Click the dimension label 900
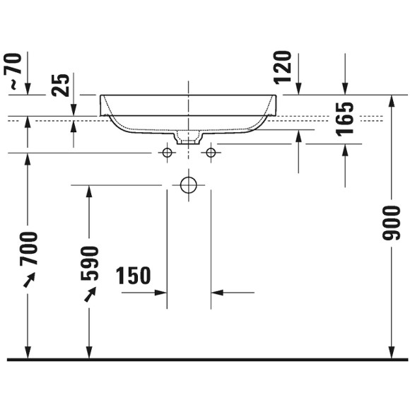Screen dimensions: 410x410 392,223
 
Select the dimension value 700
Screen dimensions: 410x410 29,248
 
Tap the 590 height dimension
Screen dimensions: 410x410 89,263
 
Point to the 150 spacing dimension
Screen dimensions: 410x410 133,276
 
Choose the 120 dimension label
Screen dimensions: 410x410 283,66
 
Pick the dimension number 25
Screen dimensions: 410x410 62,85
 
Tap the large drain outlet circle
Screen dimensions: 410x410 188,185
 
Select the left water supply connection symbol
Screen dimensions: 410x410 167,153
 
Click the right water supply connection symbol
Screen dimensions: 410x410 210,153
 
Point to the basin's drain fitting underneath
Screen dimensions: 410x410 188,138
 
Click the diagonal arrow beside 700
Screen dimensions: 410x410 28,281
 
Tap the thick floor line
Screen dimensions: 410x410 205,360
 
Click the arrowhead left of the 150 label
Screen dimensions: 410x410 160,291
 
